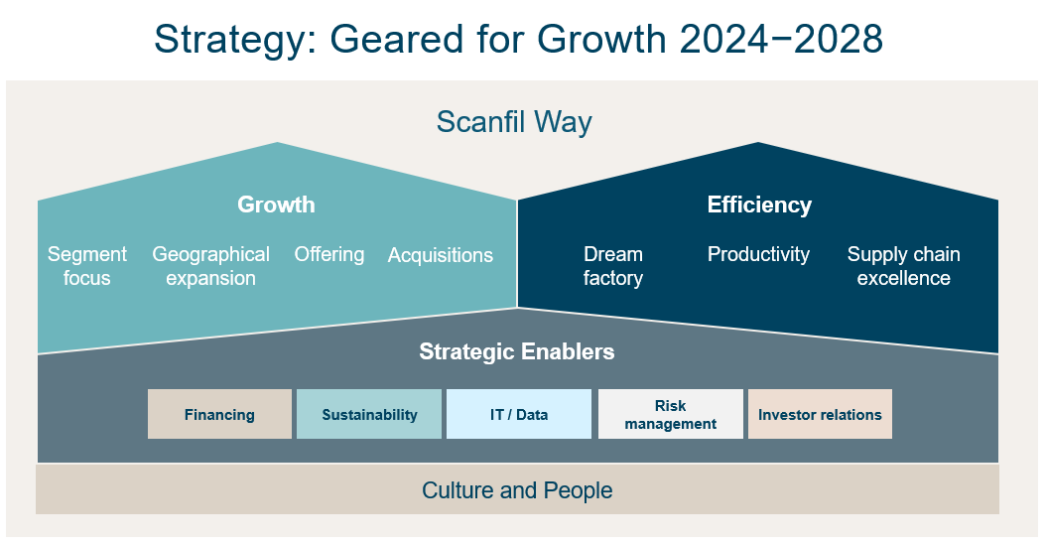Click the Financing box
219,414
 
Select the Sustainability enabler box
369,414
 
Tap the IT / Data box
519,414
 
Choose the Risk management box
671,414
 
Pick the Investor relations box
820,414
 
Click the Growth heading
276,204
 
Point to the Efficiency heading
759,204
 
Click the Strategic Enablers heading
517,351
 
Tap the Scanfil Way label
514,121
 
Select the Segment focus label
86,266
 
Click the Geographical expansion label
210,266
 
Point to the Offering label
329,254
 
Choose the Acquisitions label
441,255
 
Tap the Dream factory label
613,266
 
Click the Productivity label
758,254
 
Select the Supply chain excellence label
904,266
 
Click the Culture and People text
517,490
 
